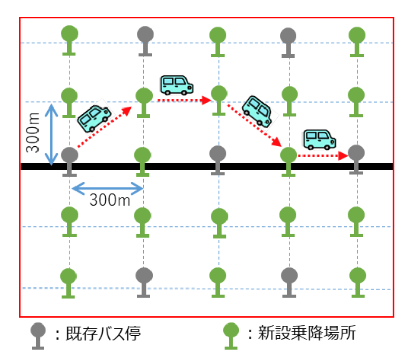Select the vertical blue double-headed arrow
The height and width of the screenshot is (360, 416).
[51, 134]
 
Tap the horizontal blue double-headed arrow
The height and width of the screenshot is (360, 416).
[107, 189]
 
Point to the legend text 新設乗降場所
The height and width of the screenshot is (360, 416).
[301, 333]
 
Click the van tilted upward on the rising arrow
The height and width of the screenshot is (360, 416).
[94, 118]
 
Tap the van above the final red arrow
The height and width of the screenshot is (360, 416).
[319, 139]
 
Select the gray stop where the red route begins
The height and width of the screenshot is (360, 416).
[69, 157]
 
